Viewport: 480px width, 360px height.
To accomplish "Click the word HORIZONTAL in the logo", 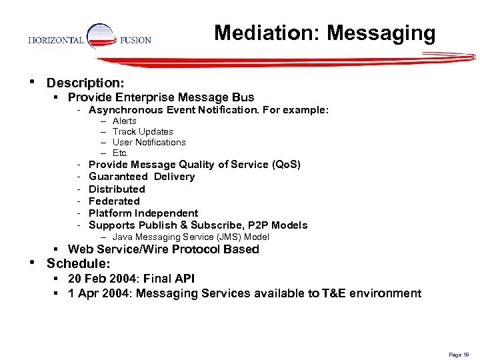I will (x=56, y=40).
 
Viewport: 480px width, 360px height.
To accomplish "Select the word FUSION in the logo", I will (x=135, y=40).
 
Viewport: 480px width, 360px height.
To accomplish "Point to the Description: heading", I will (x=85, y=83).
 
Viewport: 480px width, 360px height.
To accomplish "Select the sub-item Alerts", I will (x=124, y=121).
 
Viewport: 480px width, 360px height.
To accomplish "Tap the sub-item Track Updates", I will (x=143, y=132).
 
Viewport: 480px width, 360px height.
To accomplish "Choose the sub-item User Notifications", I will (x=149, y=142).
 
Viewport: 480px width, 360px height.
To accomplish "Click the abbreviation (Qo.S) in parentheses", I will (x=287, y=165).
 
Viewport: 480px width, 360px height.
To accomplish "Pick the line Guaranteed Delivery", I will (x=141, y=177).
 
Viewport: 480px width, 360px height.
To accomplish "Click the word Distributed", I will (x=117, y=189).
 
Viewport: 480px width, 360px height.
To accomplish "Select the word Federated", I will (x=114, y=201).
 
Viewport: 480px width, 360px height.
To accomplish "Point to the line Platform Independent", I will (x=143, y=213).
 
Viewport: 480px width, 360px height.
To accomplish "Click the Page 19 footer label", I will (x=459, y=355).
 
